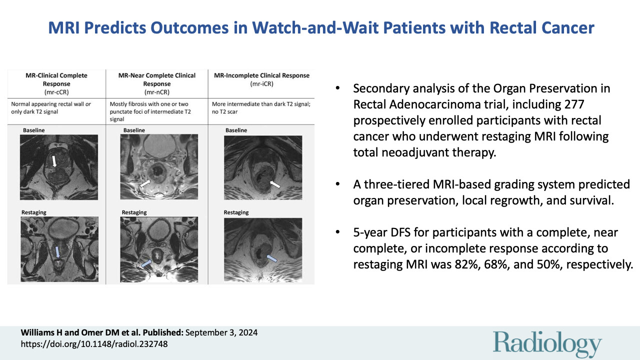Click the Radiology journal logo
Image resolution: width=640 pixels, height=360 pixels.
(547, 344)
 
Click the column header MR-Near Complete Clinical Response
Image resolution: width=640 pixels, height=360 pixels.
(156, 79)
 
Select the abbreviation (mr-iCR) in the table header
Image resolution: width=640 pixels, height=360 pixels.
(261, 84)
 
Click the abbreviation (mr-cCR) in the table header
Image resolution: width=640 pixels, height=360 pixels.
(56, 92)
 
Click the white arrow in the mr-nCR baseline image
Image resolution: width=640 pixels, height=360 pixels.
(145, 184)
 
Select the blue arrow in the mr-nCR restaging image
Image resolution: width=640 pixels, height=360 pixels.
(146, 263)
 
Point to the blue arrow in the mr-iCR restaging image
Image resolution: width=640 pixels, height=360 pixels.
(271, 258)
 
